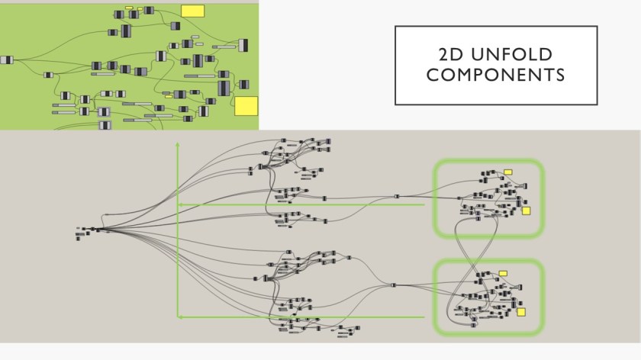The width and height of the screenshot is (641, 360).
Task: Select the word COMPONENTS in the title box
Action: pyautogui.click(x=495, y=75)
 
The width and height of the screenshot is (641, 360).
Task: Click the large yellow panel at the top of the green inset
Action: pyautogui.click(x=192, y=10)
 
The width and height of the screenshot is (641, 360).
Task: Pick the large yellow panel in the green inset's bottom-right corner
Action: pyautogui.click(x=246, y=105)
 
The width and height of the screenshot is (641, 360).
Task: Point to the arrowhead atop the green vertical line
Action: pyautogui.click(x=178, y=144)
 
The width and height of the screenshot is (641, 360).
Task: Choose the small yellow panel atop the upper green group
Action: pyautogui.click(x=508, y=172)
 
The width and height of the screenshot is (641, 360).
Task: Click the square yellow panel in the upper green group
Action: pyautogui.click(x=526, y=211)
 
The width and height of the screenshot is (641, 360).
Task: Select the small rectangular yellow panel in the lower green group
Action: pyautogui.click(x=503, y=273)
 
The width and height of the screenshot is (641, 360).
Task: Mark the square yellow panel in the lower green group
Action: pyautogui.click(x=521, y=311)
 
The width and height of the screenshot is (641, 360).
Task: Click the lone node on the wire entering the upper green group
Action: pyautogui.click(x=397, y=197)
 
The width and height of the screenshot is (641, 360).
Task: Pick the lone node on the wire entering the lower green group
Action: pyautogui.click(x=393, y=285)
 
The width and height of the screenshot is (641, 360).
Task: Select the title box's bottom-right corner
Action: pyautogui.click(x=597, y=104)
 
